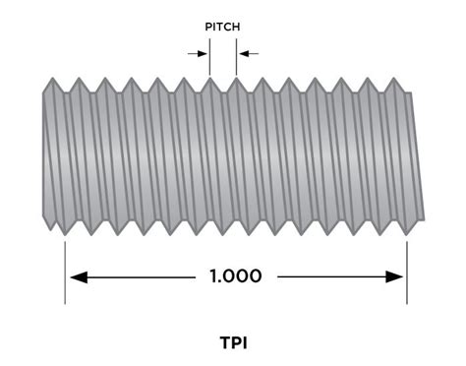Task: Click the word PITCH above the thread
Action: point(221,27)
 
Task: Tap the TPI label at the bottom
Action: point(233,343)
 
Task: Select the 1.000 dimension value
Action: point(236,276)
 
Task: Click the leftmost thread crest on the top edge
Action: point(50,80)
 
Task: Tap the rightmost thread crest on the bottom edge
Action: point(405,232)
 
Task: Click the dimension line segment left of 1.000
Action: point(138,276)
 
